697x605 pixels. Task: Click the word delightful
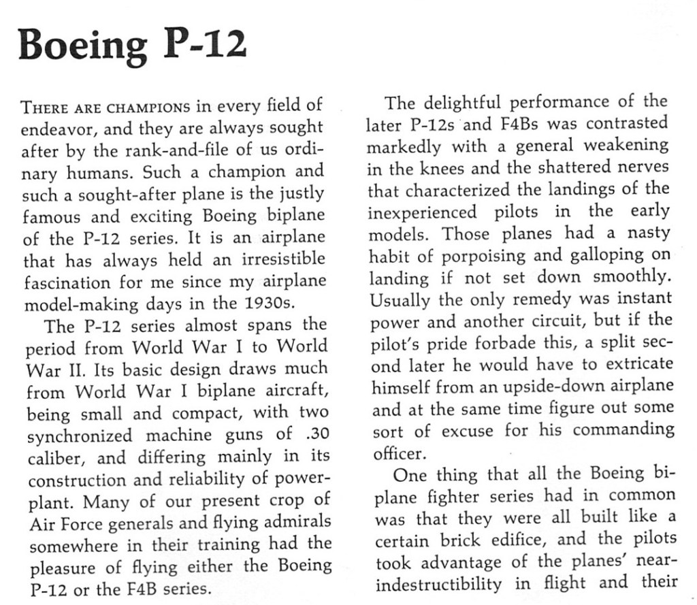[464, 103]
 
